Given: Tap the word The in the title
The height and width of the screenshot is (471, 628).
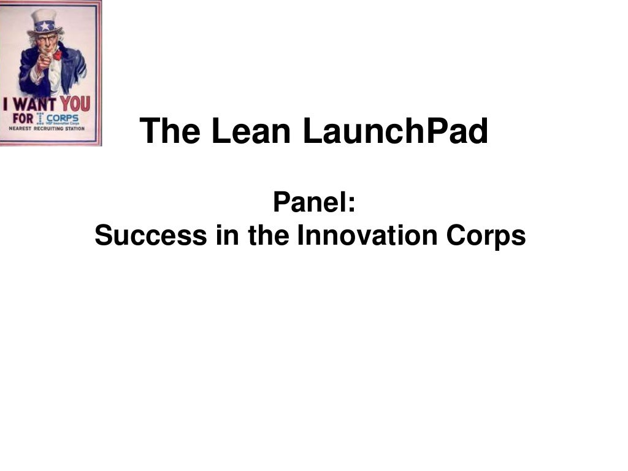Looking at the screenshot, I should (x=170, y=131).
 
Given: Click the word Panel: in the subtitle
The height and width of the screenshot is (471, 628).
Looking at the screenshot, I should (x=314, y=202).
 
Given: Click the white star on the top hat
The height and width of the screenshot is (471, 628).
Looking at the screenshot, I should (x=44, y=26).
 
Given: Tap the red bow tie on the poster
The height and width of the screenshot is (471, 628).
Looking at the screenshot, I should (x=57, y=56).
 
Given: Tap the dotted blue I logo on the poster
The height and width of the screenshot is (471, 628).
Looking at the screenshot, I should (x=40, y=118).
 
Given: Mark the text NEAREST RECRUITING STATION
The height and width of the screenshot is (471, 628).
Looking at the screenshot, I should (x=47, y=129).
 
